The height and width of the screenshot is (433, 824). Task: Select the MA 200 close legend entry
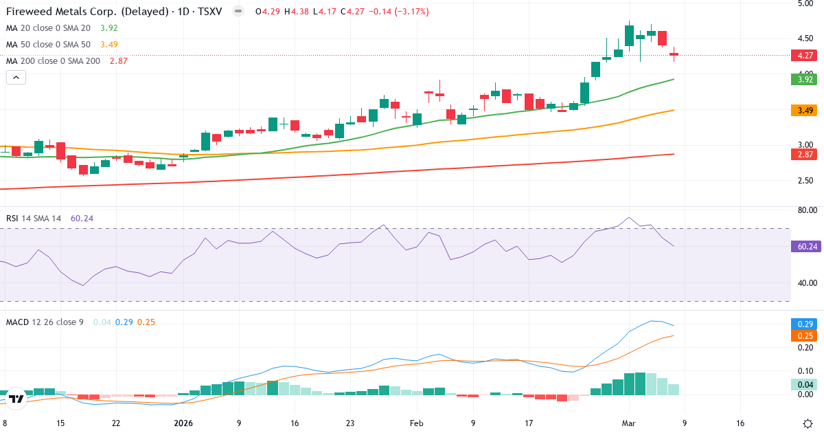pyautogui.click(x=53, y=61)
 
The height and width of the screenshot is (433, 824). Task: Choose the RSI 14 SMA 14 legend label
pyautogui.click(x=34, y=219)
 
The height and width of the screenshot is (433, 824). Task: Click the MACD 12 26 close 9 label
pyautogui.click(x=45, y=322)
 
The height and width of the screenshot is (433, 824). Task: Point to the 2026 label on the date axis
pyautogui.click(x=183, y=423)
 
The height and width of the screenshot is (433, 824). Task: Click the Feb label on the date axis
pyautogui.click(x=417, y=423)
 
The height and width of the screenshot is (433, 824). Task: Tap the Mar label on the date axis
pyautogui.click(x=629, y=423)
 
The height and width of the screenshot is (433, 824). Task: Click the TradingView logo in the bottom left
pyautogui.click(x=16, y=398)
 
